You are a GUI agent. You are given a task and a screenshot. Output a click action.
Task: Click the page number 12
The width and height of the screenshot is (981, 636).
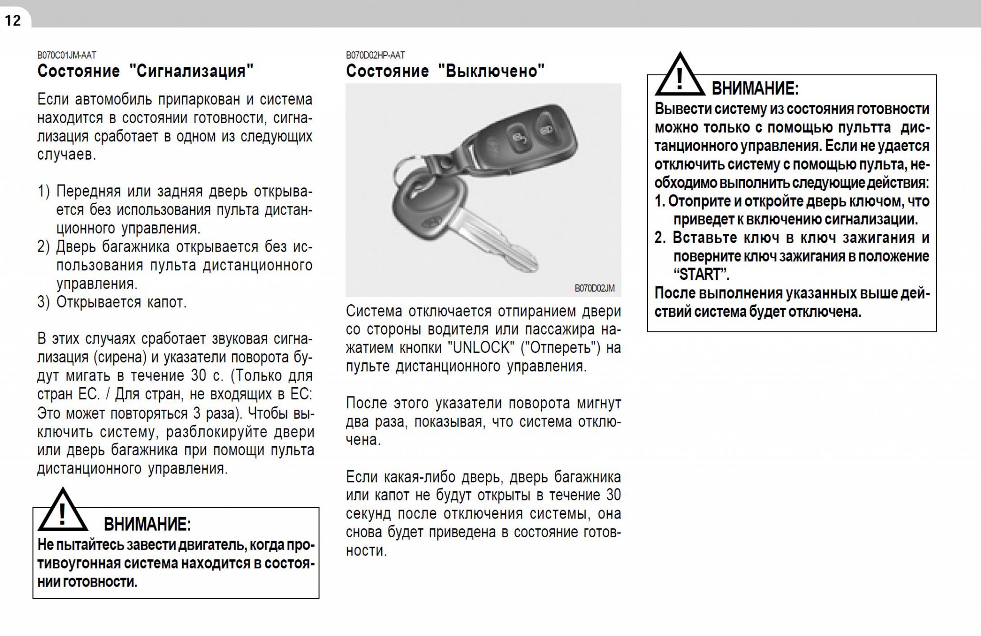pos(13,21)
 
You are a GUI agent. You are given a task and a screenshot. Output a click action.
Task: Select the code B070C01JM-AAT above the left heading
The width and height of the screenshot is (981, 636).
pos(67,56)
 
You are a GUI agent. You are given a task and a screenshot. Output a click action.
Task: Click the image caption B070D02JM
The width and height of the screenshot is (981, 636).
pos(594,288)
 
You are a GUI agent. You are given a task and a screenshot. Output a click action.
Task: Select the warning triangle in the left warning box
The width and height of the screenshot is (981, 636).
pos(62,512)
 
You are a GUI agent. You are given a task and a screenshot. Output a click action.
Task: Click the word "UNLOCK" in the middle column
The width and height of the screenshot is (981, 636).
pos(480,348)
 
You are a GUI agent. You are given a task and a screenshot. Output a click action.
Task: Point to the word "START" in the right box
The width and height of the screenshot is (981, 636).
pos(700,275)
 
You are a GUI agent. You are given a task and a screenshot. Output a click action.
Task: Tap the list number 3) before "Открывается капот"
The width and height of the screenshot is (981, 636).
pos(43,302)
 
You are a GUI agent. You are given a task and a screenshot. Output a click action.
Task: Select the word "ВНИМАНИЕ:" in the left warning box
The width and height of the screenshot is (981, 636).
pos(147,524)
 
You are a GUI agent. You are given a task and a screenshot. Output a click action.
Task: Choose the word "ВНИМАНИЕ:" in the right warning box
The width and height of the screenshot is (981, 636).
pos(755,89)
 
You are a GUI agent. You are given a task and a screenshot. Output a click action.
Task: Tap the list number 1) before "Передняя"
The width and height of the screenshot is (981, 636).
pos(43,192)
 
